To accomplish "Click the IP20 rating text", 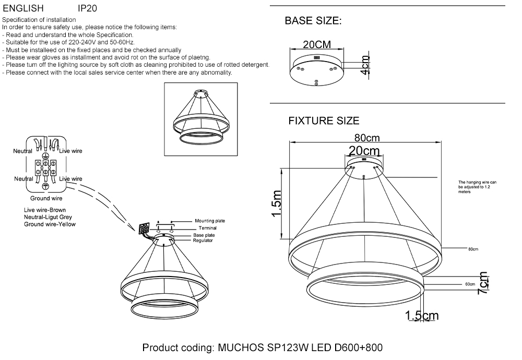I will (87, 9).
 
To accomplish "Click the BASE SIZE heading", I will (313, 21).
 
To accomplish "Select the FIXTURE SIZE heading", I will (324, 121).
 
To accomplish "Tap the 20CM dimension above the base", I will (317, 45).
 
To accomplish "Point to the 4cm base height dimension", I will (365, 65).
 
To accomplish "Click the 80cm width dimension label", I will (366, 138).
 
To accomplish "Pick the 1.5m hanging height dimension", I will (277, 204).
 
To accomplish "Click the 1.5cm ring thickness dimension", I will (422, 316).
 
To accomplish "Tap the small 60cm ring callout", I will (469, 285).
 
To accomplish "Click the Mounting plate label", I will (209, 221).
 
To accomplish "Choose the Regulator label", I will (203, 241).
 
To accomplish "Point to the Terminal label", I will (207, 228).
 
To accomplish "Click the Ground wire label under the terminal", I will (46, 198).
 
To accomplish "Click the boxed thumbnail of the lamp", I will (201, 119).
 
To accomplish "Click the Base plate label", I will (204, 235).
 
